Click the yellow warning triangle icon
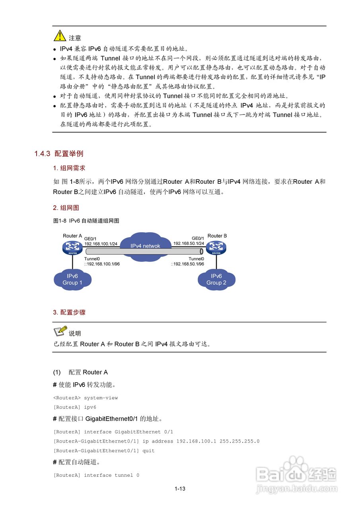click(60, 36)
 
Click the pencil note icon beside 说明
click(60, 331)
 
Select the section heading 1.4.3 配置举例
click(58, 154)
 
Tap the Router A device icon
click(72, 248)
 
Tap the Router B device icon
click(216, 248)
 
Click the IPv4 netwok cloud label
click(145, 246)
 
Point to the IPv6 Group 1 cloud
click(72, 279)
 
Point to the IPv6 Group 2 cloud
click(216, 279)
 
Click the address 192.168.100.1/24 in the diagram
click(101, 243)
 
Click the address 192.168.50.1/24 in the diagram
click(189, 243)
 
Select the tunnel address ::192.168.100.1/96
click(102, 264)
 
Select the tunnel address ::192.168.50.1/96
click(188, 264)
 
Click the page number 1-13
click(180, 489)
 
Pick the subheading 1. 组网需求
click(69, 168)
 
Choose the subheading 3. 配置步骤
click(69, 313)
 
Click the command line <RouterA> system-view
click(86, 398)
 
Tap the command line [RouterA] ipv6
click(75, 407)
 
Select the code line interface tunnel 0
click(111, 475)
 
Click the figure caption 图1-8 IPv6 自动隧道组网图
click(86, 221)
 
